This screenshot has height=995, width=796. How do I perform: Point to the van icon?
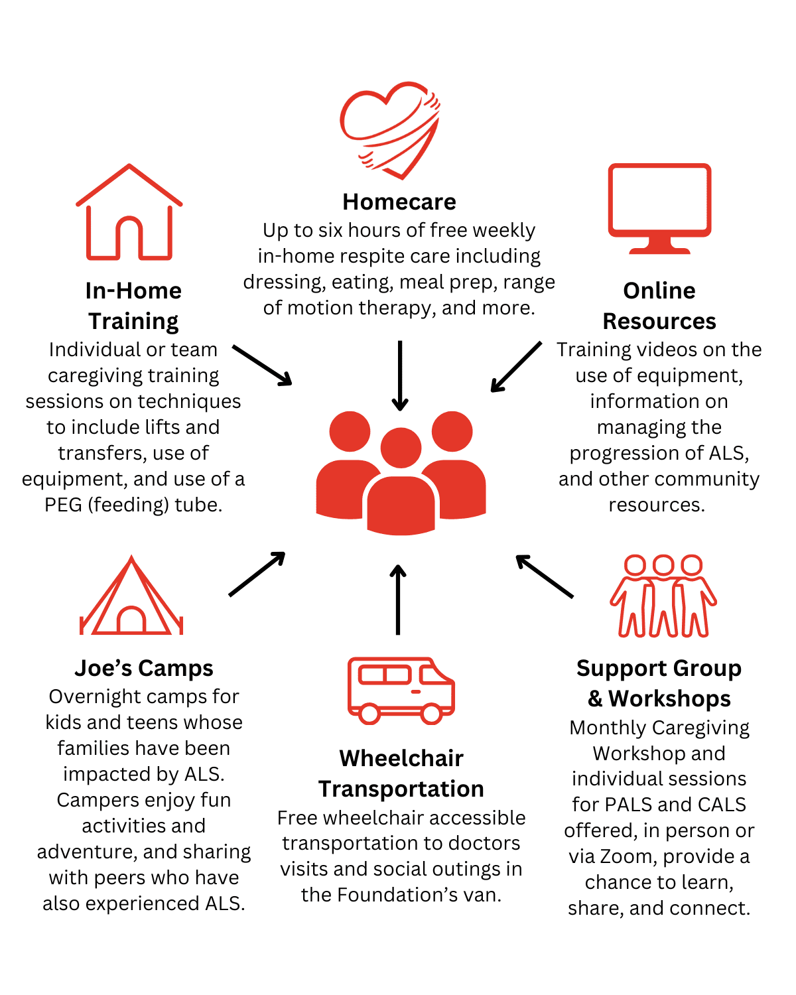[401, 690]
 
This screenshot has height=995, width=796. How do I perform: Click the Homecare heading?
[399, 202]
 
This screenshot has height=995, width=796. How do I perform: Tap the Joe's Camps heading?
[144, 668]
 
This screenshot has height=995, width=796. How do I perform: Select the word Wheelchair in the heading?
[401, 758]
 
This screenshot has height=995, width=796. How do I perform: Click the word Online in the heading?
[659, 291]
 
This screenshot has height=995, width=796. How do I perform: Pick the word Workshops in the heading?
[669, 698]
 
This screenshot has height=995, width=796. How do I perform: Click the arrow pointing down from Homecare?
[400, 375]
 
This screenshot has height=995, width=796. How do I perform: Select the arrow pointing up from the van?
[398, 600]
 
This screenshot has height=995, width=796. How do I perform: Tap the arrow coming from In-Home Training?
[262, 365]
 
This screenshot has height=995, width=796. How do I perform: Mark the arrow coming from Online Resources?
[516, 367]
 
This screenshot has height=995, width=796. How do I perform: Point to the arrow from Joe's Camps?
[257, 574]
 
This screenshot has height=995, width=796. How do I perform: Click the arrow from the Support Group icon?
[545, 576]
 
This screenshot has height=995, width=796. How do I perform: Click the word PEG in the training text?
[63, 505]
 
